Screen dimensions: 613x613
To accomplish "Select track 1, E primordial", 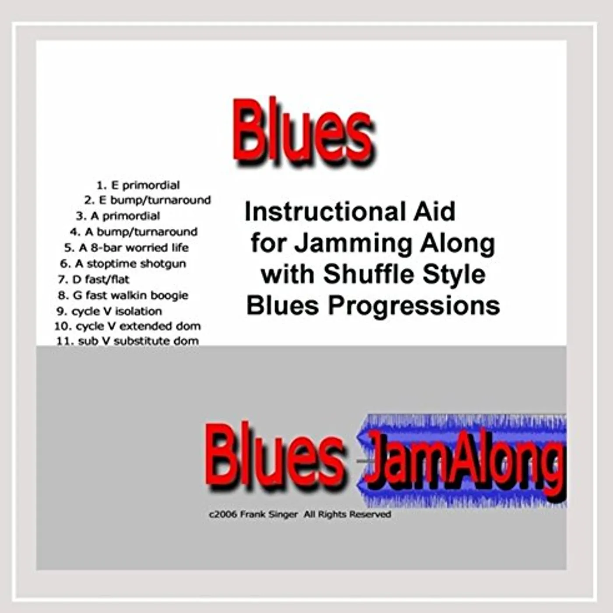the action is pyautogui.click(x=138, y=185).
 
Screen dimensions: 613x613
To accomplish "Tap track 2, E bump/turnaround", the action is pyautogui.click(x=148, y=201).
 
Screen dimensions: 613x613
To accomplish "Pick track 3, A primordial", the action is pyautogui.click(x=118, y=216).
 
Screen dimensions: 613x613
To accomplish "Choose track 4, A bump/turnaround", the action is pyautogui.click(x=134, y=232).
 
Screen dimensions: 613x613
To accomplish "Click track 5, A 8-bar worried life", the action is pyautogui.click(x=127, y=247).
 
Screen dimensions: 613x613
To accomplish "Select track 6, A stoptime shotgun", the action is pyautogui.click(x=123, y=264).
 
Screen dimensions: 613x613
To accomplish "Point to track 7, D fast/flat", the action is pyautogui.click(x=94, y=280).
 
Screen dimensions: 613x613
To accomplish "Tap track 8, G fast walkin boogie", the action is pyautogui.click(x=123, y=296).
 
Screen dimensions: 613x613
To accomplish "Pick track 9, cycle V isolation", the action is pyautogui.click(x=109, y=311).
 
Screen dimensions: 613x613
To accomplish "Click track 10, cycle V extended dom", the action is pyautogui.click(x=127, y=326).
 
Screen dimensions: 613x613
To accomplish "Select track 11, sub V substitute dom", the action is pyautogui.click(x=127, y=341).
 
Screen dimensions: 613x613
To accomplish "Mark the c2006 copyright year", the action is pyautogui.click(x=222, y=514).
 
